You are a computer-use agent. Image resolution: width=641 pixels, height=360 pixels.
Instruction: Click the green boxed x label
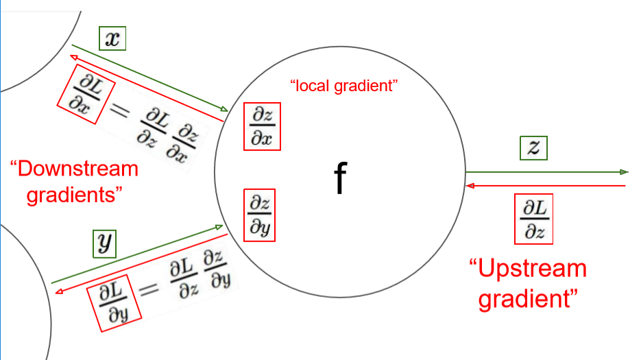click(112, 39)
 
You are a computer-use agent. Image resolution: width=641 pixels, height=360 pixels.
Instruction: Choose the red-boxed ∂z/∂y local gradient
click(260, 215)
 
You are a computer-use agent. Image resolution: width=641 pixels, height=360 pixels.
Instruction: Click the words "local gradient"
click(344, 86)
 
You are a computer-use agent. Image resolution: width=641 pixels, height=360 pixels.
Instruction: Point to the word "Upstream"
click(528, 268)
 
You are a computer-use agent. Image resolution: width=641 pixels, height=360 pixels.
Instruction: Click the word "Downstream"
click(75, 169)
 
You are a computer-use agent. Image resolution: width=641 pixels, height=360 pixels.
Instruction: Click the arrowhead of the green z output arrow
click(625, 171)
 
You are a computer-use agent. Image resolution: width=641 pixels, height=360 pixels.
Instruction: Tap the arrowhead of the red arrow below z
click(468, 185)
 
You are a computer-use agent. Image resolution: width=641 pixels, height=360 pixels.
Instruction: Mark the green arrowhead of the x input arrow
click(224, 110)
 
